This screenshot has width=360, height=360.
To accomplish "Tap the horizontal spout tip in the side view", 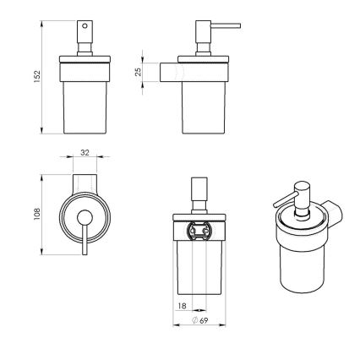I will coord(237,25).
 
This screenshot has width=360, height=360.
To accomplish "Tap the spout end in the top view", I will coord(84,252).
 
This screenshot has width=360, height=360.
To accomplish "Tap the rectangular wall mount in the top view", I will coord(84,183).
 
